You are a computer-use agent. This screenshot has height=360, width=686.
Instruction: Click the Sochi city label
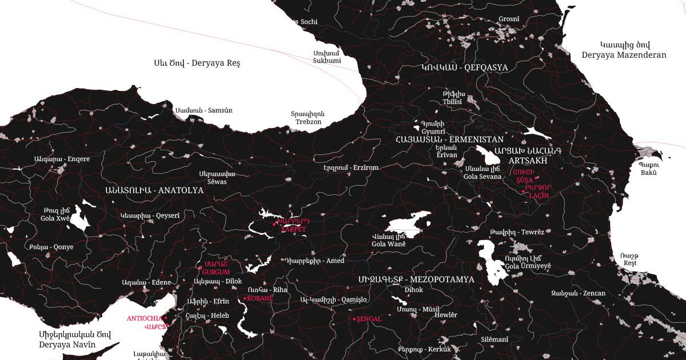(309, 22)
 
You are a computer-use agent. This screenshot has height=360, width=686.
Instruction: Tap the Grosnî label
(509, 19)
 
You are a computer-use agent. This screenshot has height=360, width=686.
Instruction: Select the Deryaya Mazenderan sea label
(624, 55)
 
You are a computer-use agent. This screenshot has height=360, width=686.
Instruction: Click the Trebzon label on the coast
(308, 122)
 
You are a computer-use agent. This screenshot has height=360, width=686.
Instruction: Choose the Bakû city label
(648, 173)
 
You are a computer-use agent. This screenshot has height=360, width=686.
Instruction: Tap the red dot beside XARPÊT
(274, 225)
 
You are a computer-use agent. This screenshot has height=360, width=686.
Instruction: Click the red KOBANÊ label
(260, 298)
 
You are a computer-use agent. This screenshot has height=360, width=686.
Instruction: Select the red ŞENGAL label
(369, 319)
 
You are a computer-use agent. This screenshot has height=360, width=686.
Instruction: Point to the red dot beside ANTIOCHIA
(165, 318)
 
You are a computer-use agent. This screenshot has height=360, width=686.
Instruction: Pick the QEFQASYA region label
(486, 67)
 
